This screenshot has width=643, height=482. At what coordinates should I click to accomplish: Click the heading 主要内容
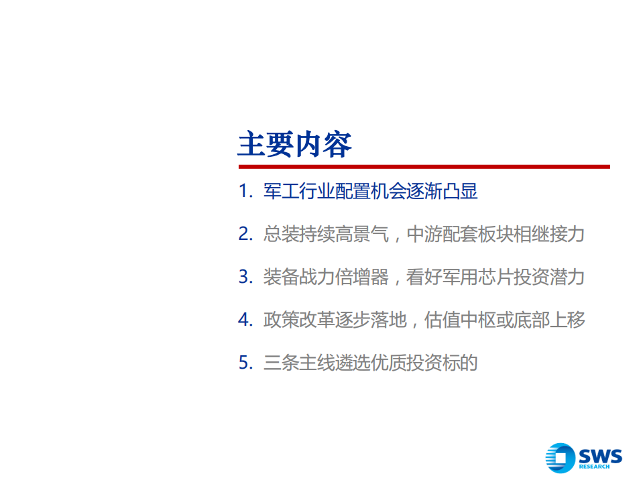click(294, 143)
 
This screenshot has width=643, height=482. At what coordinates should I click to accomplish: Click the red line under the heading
click(424, 166)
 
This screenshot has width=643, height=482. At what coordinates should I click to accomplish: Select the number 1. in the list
click(245, 192)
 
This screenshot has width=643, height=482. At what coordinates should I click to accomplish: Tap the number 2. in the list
click(245, 235)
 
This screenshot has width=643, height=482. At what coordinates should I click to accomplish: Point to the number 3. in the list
click(245, 277)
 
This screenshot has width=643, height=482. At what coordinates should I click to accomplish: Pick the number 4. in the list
click(245, 320)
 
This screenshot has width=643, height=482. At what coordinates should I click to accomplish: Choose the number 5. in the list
click(245, 363)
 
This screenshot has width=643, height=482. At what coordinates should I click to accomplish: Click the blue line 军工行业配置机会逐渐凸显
click(370, 192)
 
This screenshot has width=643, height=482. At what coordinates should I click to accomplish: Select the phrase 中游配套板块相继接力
click(496, 235)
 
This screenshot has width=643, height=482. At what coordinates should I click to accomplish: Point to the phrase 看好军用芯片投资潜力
click(496, 277)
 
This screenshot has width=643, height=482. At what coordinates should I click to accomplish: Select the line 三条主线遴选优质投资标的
click(370, 363)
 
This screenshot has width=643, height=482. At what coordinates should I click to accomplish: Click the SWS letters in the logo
click(600, 456)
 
